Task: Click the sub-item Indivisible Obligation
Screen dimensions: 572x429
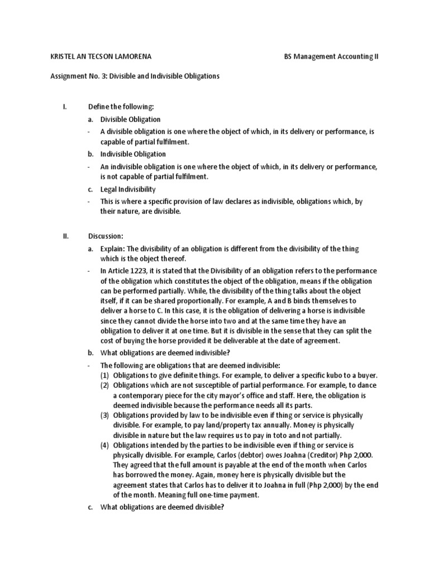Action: tap(133, 154)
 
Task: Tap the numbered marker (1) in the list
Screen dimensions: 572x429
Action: tap(105, 375)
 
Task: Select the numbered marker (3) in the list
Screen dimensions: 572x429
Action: tap(105, 416)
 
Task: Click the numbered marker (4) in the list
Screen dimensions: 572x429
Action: tap(105, 445)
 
